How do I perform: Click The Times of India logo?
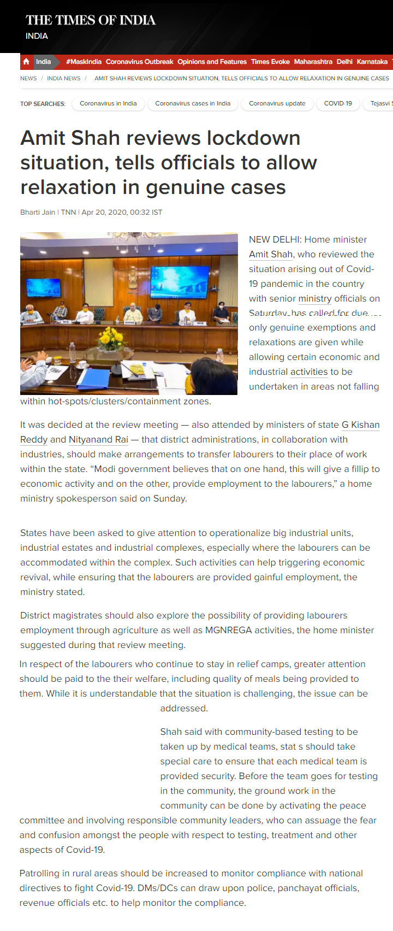pyautogui.click(x=90, y=20)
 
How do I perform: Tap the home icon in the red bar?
pyautogui.click(x=26, y=62)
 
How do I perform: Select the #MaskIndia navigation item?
pyautogui.click(x=84, y=62)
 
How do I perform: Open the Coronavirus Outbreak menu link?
pyautogui.click(x=139, y=62)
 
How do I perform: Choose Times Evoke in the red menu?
pyautogui.click(x=270, y=62)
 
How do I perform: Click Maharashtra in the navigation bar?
pyautogui.click(x=313, y=62)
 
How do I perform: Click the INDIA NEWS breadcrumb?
pyautogui.click(x=63, y=79)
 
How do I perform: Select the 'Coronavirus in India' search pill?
pyautogui.click(x=108, y=103)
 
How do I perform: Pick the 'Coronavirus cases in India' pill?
pyautogui.click(x=193, y=103)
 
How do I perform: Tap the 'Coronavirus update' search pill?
pyautogui.click(x=277, y=103)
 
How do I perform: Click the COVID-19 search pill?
pyautogui.click(x=338, y=103)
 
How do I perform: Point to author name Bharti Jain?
pyautogui.click(x=38, y=213)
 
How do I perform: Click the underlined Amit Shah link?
pyautogui.click(x=271, y=255)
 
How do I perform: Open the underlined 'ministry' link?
pyautogui.click(x=315, y=299)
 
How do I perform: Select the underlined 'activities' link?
pyautogui.click(x=308, y=372)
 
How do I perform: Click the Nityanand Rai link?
pyautogui.click(x=98, y=440)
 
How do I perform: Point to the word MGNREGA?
pyautogui.click(x=228, y=631)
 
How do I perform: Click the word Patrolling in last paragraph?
pyautogui.click(x=40, y=874)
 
